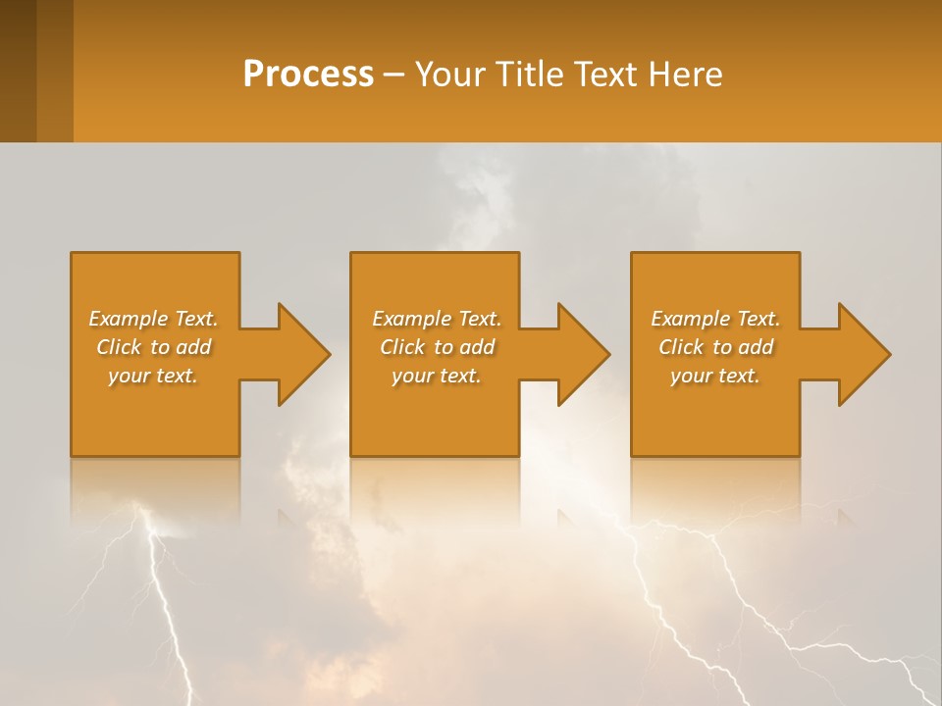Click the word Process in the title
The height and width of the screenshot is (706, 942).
pyautogui.click(x=308, y=75)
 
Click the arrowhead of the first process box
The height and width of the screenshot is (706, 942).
pyautogui.click(x=304, y=354)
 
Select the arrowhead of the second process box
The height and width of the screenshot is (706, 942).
pyautogui.click(x=584, y=354)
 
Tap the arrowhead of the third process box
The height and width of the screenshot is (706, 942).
pyautogui.click(x=864, y=354)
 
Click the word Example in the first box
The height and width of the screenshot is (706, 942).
pyautogui.click(x=128, y=319)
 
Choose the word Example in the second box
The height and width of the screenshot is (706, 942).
pyautogui.click(x=411, y=319)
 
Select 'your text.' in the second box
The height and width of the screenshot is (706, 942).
pyautogui.click(x=436, y=376)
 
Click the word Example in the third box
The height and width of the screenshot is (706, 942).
pyautogui.click(x=690, y=319)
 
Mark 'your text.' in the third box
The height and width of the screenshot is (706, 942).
pyautogui.click(x=714, y=376)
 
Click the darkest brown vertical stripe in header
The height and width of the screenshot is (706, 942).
pyautogui.click(x=18, y=71)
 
